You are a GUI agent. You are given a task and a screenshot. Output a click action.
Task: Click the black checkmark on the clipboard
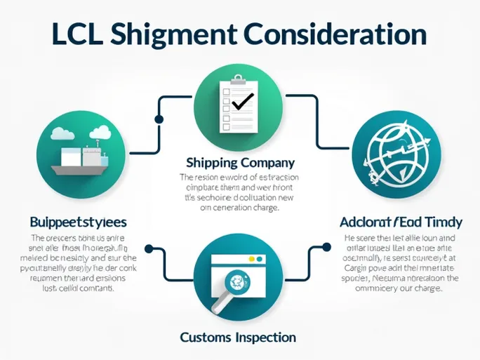coord(242,102)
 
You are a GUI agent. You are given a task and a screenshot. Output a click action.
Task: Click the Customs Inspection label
coord(237,338)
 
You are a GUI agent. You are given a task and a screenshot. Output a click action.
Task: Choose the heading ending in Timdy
coord(401,222)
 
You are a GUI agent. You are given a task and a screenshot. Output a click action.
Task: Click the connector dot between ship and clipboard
coord(159,119)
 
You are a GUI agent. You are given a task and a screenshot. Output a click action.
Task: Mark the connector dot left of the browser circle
coord(149,248)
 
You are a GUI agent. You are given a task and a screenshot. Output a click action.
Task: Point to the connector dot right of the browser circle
coord(326,247)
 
